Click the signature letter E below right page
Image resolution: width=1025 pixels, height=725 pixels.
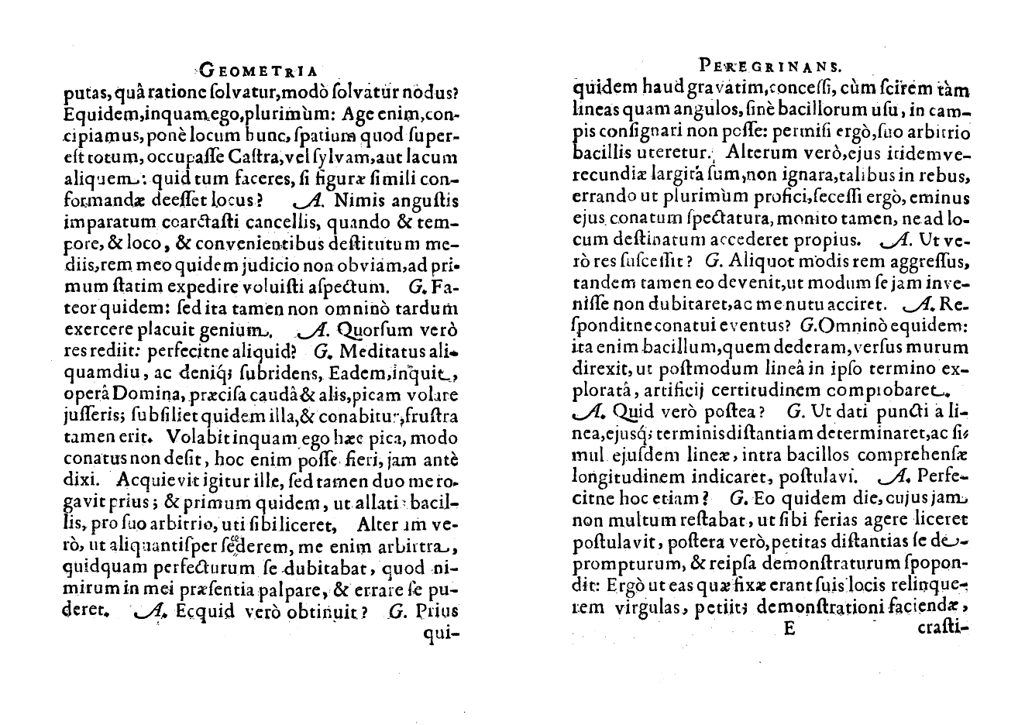[x=789, y=629]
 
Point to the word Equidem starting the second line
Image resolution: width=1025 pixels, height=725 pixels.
[x=89, y=115]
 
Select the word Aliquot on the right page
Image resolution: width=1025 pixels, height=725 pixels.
[x=755, y=261]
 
